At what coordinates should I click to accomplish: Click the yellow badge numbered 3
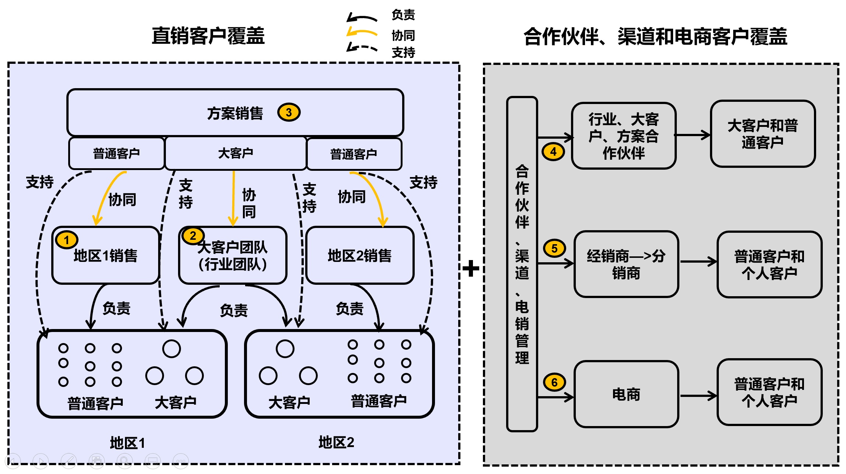[x=289, y=113]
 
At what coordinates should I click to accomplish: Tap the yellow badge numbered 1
[x=66, y=240]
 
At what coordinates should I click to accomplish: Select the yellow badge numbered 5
[x=554, y=248]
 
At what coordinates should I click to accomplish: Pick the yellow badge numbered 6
[x=554, y=382]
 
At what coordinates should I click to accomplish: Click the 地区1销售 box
[x=105, y=255]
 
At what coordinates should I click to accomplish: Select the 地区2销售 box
[x=359, y=255]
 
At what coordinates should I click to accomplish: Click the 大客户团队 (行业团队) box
[x=233, y=255]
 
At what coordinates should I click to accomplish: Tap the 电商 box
[x=626, y=394]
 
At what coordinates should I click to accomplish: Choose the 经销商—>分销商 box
[x=626, y=264]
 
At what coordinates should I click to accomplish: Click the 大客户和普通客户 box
[x=763, y=134]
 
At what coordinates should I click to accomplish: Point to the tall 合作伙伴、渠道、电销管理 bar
[x=522, y=264]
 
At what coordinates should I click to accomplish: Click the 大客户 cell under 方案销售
[x=236, y=153]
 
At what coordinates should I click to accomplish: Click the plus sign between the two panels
[x=471, y=268]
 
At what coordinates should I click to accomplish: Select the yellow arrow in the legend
[x=362, y=33]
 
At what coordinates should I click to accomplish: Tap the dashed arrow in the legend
[x=362, y=48]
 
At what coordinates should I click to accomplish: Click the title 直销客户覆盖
[x=208, y=36]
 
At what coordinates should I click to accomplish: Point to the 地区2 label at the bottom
[x=336, y=442]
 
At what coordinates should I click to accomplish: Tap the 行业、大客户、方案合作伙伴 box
[x=624, y=136]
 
